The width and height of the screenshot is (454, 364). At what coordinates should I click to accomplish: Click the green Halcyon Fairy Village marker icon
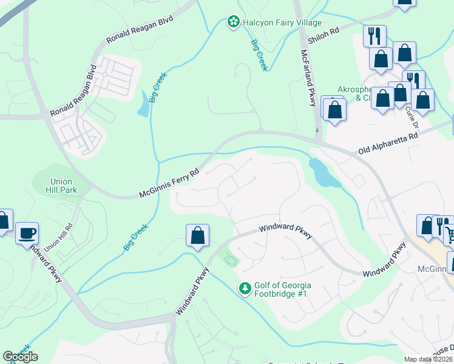(x=232, y=22)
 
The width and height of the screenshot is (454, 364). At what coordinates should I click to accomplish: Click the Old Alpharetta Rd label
(x=388, y=143)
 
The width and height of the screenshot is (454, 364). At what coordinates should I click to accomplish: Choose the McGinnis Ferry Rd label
(x=169, y=183)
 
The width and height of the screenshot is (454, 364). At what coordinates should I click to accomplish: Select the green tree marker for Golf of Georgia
(x=245, y=289)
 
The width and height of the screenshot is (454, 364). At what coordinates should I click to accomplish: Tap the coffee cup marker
(x=27, y=234)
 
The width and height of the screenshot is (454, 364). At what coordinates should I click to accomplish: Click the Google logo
(x=20, y=357)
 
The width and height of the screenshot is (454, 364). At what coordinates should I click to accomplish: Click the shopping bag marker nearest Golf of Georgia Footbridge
(x=197, y=235)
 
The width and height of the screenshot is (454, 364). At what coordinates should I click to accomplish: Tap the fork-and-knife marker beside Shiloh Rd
(x=374, y=35)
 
